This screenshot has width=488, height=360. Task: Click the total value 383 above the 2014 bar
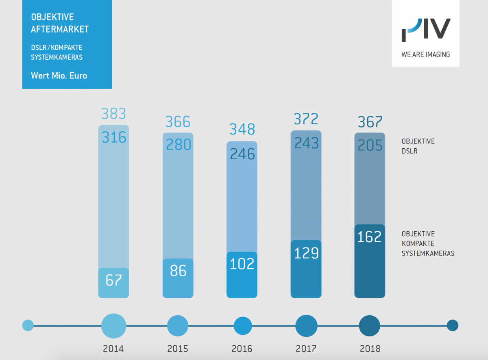tap(113, 114)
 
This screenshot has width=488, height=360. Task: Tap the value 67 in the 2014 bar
tap(113, 280)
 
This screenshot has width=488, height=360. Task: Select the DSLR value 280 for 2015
tap(178, 144)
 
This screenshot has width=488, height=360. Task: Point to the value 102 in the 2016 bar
tap(242, 264)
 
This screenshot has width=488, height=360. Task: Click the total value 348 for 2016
tap(242, 129)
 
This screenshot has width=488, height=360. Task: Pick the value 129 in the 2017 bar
tap(306, 253)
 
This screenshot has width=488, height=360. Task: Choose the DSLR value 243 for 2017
tap(306, 143)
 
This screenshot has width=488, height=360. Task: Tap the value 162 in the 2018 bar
tap(370, 236)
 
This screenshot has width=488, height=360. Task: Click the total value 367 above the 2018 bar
tap(370, 122)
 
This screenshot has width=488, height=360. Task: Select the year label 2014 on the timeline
tap(113, 349)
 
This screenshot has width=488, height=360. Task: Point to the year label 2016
tap(242, 349)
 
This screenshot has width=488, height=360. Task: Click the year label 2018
tap(370, 349)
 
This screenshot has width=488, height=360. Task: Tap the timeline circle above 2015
tap(178, 325)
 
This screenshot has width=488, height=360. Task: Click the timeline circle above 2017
tap(306, 325)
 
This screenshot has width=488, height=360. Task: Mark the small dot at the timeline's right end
tap(452, 325)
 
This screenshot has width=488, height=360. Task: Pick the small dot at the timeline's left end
tap(28, 325)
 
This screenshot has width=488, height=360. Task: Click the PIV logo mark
tap(425, 30)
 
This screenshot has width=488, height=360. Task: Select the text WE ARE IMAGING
tap(425, 54)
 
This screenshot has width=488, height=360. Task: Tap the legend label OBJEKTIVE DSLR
tap(418, 146)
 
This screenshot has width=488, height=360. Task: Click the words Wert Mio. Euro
tap(59, 76)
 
